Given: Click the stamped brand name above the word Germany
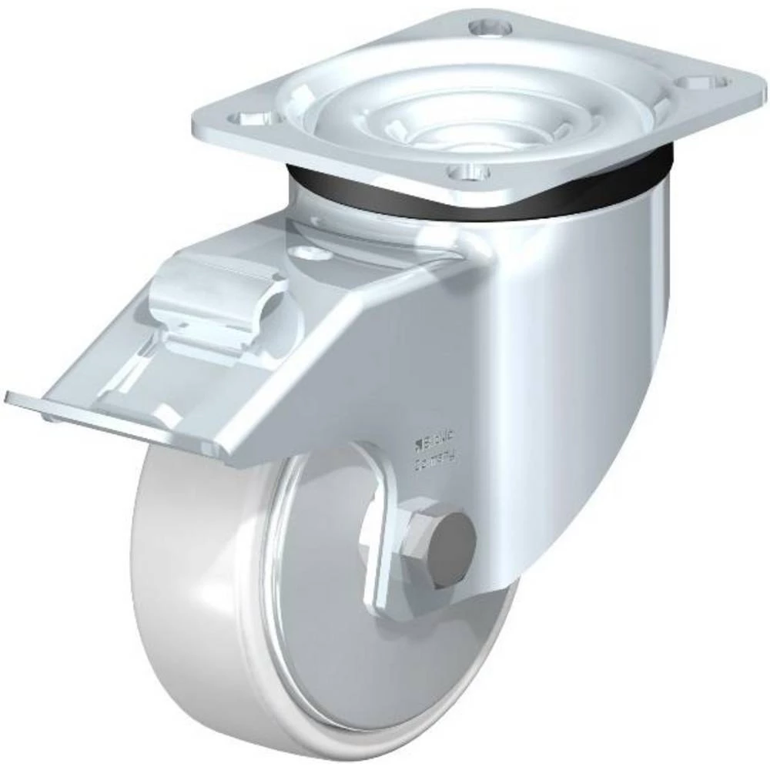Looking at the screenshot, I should pyautogui.click(x=436, y=441).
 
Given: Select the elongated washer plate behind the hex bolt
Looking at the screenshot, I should pyautogui.click(x=377, y=554).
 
